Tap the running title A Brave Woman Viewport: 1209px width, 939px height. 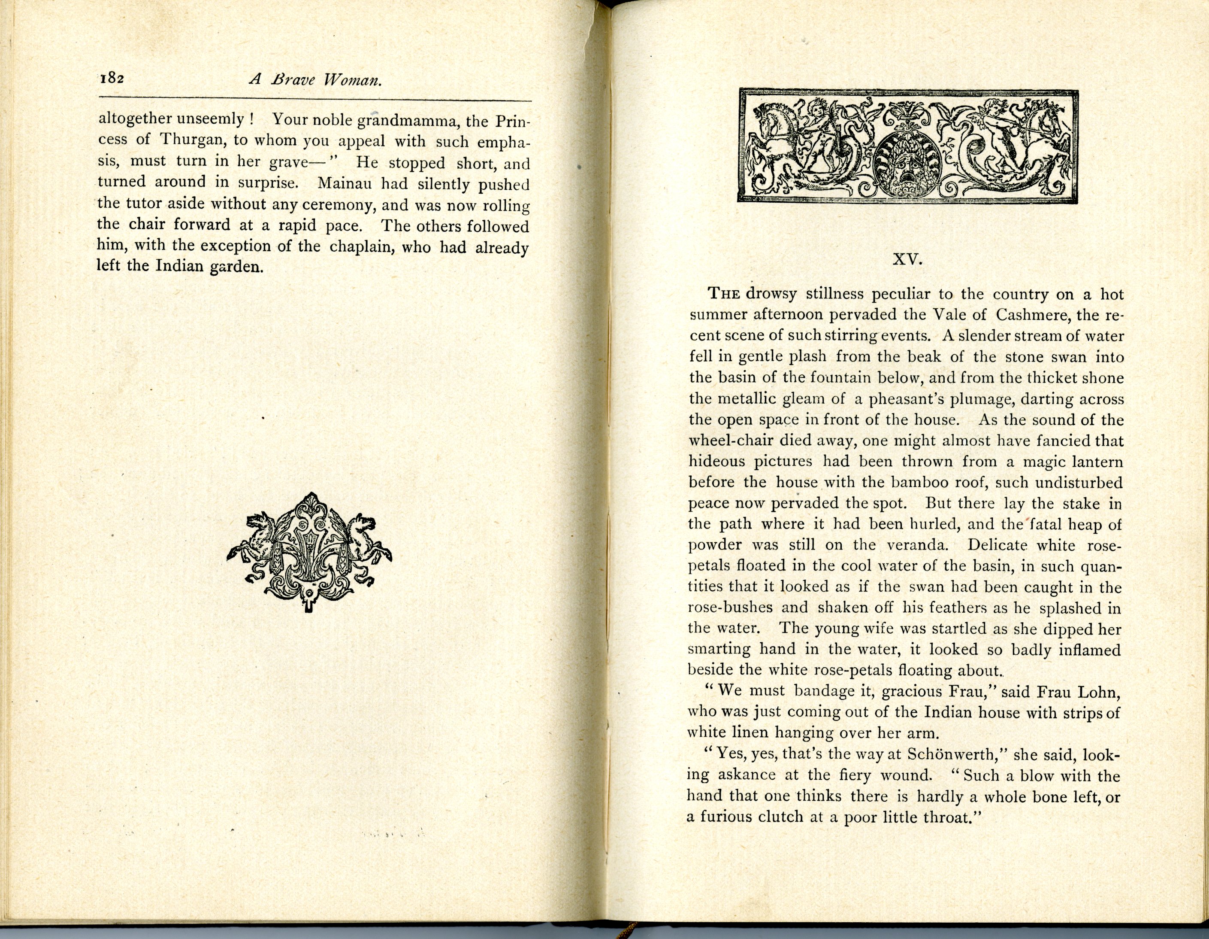(x=315, y=80)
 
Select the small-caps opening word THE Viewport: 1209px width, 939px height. (x=724, y=294)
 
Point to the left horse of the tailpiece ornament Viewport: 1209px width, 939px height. (x=257, y=540)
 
